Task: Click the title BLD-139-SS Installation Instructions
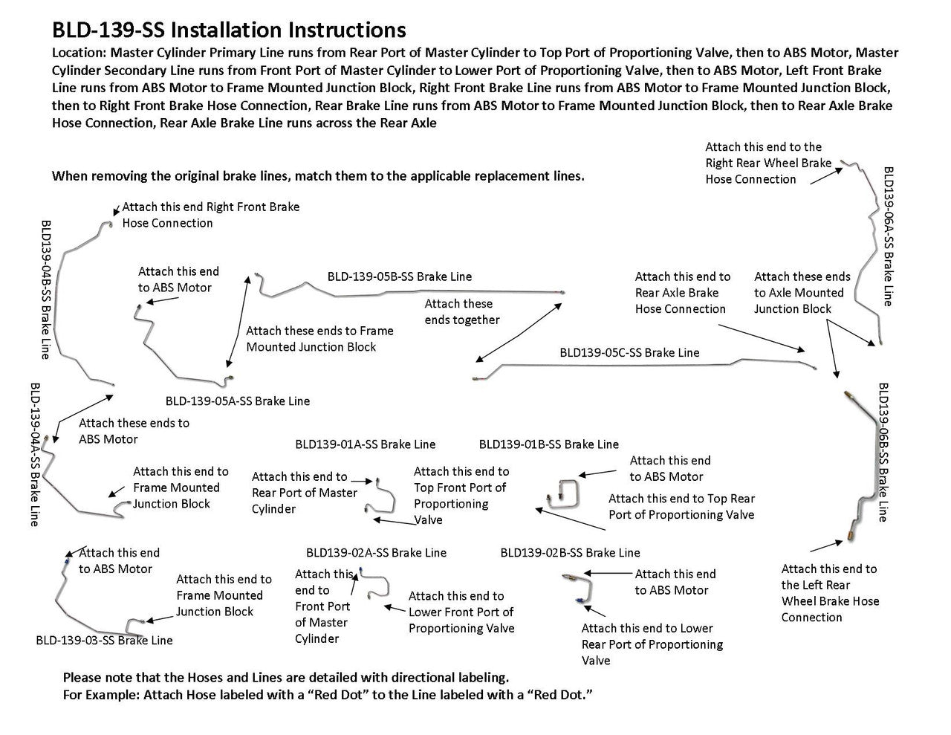coord(229,30)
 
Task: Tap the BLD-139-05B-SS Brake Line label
coord(400,276)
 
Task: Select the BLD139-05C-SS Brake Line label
coord(629,352)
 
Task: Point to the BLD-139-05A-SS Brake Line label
coord(238,401)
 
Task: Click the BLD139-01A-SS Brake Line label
coord(366,444)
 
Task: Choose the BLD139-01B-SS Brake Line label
coord(548,444)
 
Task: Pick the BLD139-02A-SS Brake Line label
coord(376,552)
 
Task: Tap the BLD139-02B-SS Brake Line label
coord(570,552)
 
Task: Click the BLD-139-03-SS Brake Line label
coord(104,640)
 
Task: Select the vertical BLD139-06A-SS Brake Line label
coord(887,236)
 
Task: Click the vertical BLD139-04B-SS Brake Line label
coord(46,290)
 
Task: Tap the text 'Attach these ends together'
coord(461,311)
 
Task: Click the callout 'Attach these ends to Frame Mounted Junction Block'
coord(319,339)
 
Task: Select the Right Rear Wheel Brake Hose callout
coord(768,163)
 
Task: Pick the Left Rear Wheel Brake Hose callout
coord(829,593)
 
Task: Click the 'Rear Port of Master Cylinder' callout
coord(304,493)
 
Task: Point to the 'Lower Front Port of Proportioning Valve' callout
coord(461,612)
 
